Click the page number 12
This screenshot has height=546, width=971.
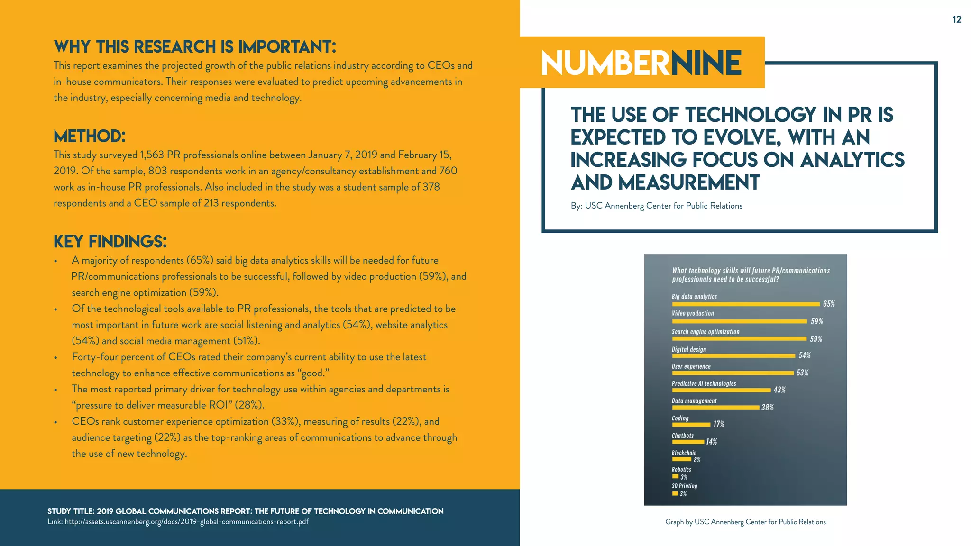957,19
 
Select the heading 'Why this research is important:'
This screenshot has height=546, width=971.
195,47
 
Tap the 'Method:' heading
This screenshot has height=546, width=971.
90,136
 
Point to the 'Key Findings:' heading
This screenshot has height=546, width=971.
110,242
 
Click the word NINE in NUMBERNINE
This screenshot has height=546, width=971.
706,64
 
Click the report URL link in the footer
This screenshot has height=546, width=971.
186,522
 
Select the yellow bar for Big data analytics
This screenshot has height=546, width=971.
745,304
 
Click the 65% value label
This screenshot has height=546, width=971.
829,304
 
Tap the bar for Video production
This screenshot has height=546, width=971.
739,321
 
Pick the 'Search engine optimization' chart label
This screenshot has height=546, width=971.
705,332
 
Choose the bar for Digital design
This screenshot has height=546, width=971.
733,356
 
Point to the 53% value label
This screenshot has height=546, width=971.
803,373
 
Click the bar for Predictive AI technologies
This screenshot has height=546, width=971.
721,391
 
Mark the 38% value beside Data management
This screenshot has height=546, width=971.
768,408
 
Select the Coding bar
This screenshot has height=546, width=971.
691,425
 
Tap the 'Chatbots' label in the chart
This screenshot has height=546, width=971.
683,436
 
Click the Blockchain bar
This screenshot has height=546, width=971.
681,459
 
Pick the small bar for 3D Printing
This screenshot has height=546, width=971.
675,494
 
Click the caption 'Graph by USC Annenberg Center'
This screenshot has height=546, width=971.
745,522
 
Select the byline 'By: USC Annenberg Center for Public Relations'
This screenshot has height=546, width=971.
657,206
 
